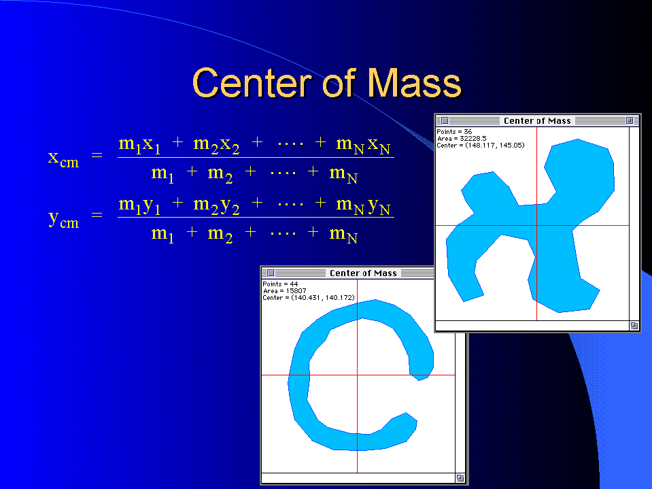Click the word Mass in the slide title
tap(415, 83)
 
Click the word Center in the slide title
tap(252, 83)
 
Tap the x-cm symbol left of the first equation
tap(63, 159)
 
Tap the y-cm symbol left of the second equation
tap(63, 219)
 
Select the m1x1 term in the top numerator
tap(139, 145)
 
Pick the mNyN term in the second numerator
tap(363, 206)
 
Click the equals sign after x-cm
tap(97, 156)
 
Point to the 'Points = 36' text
tap(454, 131)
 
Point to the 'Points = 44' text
tap(280, 284)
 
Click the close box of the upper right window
tap(445, 120)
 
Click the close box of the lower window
tap(271, 273)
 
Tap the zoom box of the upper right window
tap(630, 120)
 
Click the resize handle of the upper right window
tap(634, 326)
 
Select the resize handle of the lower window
tap(460, 478)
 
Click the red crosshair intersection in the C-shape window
tap(357, 375)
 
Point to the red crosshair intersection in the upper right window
tap(537, 225)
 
